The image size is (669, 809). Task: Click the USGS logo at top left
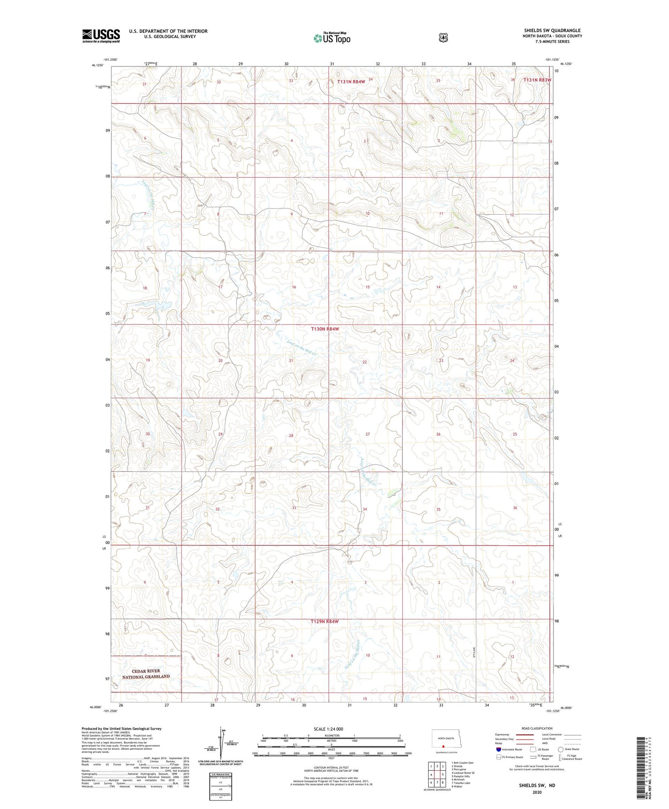click(101, 36)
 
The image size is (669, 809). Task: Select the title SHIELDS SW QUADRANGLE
click(552, 30)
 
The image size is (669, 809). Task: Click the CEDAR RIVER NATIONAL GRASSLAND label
click(146, 674)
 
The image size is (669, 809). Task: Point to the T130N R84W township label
click(325, 329)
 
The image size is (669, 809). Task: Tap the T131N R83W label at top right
click(537, 80)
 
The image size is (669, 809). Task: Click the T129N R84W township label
click(325, 621)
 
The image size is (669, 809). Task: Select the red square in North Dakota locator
click(443, 745)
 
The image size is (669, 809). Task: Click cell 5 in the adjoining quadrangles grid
click(442, 775)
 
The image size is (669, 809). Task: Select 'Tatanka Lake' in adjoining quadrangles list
click(461, 783)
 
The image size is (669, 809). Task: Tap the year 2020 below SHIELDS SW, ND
click(537, 792)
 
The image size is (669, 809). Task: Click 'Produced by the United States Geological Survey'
click(121, 728)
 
